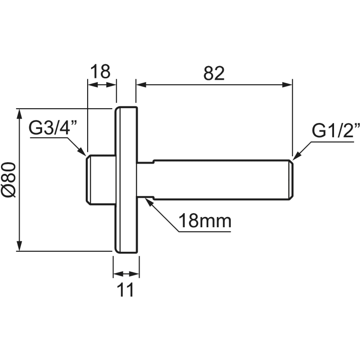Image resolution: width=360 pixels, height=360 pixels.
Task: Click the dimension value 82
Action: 214,73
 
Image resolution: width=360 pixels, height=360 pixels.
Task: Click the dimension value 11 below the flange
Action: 125,290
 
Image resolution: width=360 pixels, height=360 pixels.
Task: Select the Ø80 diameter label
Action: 9,180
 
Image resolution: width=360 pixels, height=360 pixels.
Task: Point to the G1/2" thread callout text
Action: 336,130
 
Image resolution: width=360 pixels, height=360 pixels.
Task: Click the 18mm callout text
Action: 205,221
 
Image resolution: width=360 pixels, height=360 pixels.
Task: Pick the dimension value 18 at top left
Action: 100,72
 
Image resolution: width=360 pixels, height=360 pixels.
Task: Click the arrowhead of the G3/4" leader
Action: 82,152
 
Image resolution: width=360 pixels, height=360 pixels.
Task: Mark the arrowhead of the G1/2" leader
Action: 297,156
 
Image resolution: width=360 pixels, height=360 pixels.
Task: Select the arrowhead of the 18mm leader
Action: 148,202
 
